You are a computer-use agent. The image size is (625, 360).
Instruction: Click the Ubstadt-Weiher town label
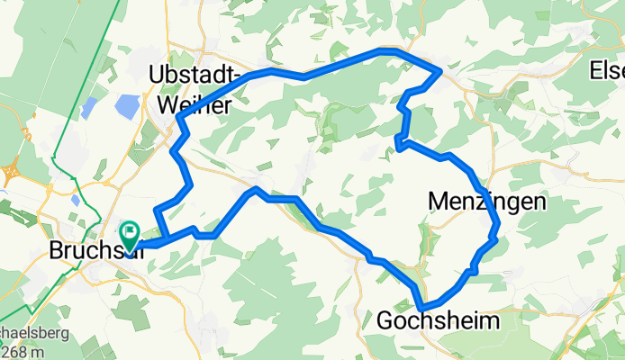coord(196,87)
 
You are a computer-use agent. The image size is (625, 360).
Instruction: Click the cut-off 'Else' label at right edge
coord(607,69)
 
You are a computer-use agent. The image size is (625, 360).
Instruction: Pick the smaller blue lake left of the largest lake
coord(87,108)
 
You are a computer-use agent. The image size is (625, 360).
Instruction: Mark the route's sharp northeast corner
coord(439,69)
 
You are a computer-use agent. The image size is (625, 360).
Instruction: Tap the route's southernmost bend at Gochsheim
coord(421,307)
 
